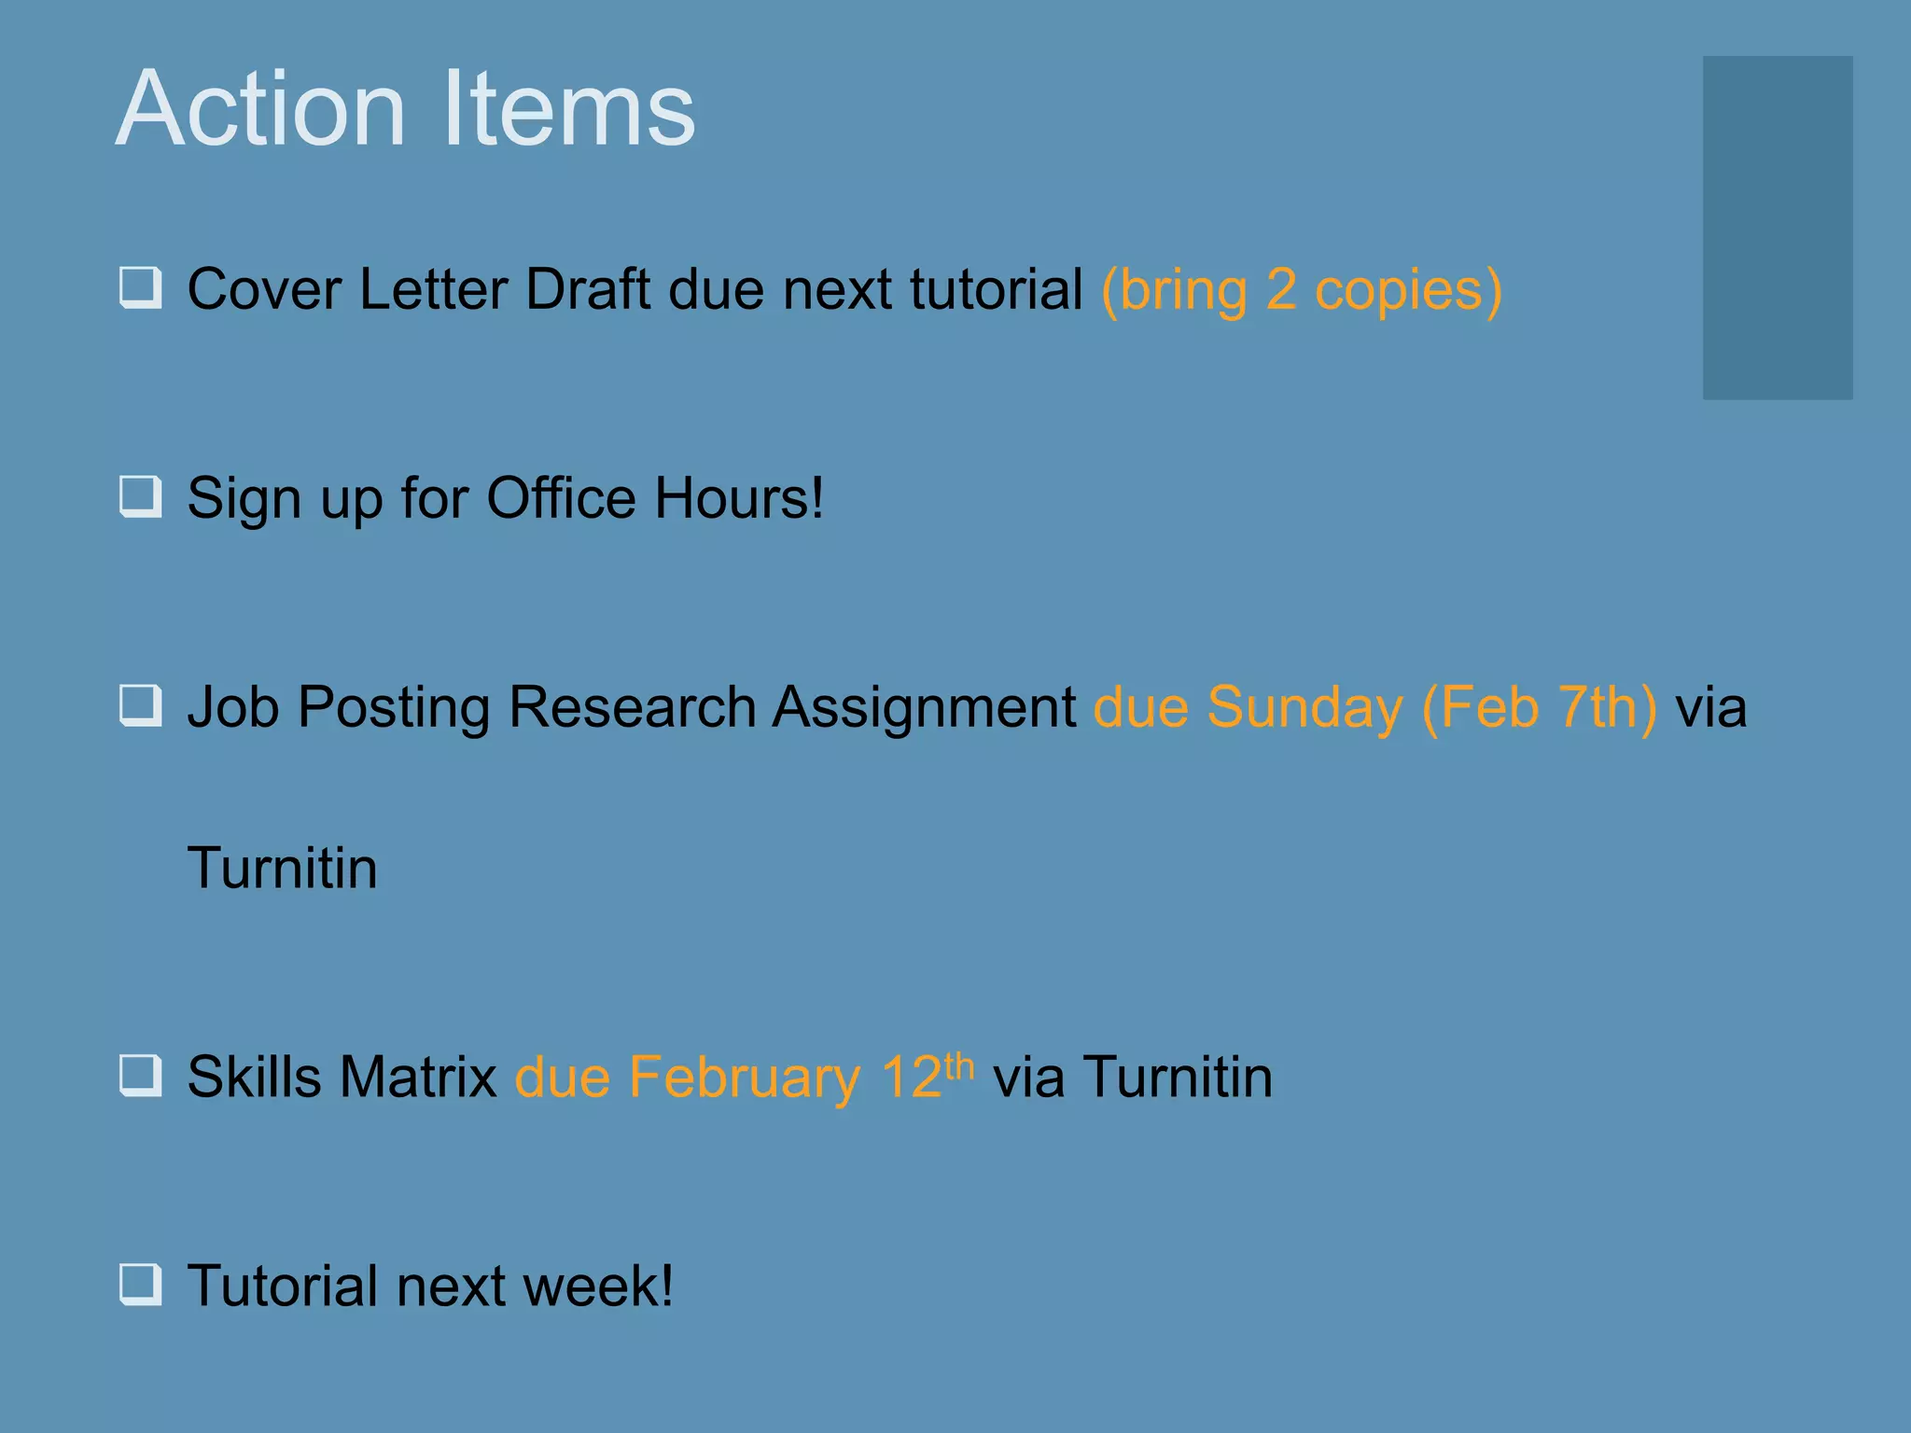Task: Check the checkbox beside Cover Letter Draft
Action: pos(141,287)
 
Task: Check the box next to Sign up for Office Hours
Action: pos(141,496)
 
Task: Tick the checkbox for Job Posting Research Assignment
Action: pos(141,706)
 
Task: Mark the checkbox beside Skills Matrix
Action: pos(141,1076)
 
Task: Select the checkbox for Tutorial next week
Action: pos(141,1285)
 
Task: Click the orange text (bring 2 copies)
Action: pos(1302,290)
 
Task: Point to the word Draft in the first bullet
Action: pos(587,289)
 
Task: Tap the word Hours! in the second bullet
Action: pos(738,498)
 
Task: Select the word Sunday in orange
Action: pos(1304,707)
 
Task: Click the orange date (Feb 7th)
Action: pos(1540,707)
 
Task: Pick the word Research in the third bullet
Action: pos(632,707)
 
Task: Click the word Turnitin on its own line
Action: pos(282,868)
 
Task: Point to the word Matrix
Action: pos(417,1077)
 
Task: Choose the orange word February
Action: pos(744,1078)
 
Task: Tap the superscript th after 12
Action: pos(959,1064)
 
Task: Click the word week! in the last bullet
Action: pos(597,1286)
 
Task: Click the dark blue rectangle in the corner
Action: pos(1777,228)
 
